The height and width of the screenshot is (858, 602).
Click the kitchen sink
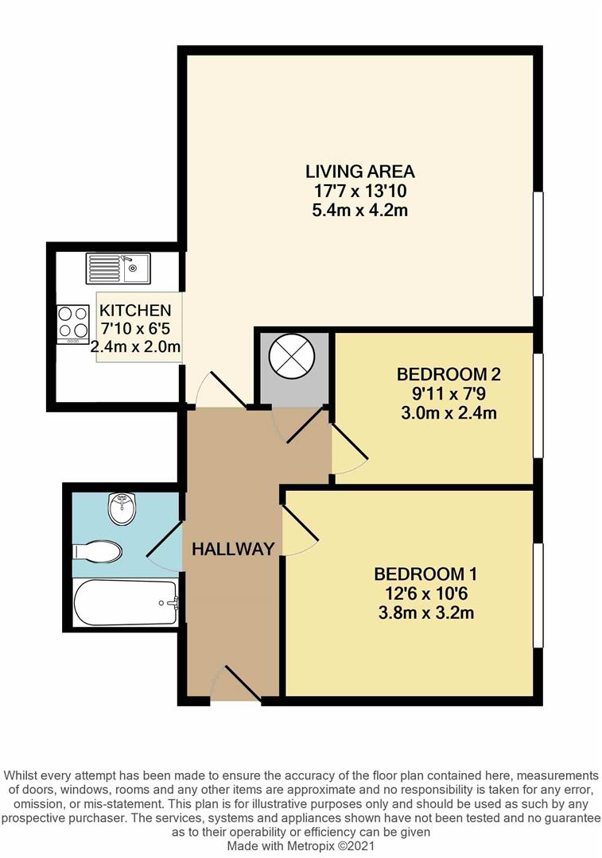click(x=118, y=269)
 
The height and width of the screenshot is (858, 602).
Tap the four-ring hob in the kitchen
click(x=73, y=324)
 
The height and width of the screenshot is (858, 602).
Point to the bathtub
click(x=125, y=603)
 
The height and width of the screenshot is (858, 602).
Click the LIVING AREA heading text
click(x=360, y=171)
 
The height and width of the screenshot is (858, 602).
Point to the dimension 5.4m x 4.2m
click(x=360, y=211)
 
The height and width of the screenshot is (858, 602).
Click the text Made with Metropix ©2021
click(x=301, y=846)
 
